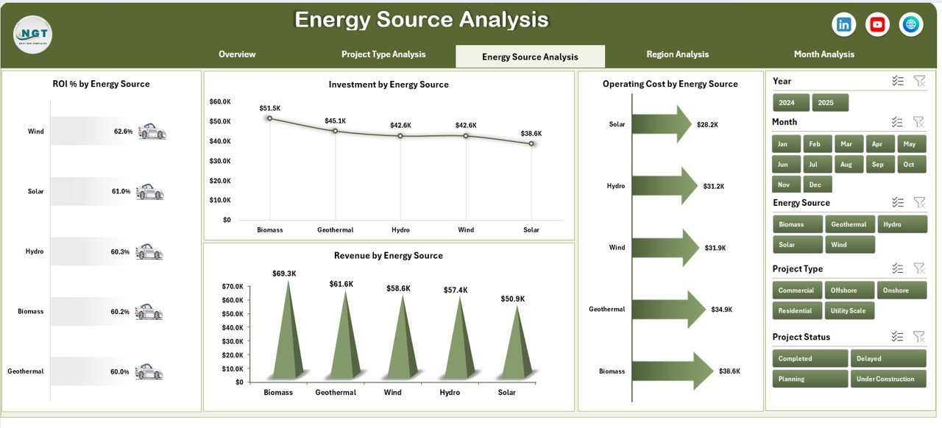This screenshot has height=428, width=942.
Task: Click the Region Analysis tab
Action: pos(677,54)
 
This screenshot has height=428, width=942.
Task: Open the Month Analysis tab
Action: pos(824,54)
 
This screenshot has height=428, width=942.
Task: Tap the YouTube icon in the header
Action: pos(877,25)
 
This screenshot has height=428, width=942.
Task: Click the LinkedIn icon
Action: pos(843,25)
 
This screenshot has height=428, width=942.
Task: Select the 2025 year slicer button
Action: pos(830,103)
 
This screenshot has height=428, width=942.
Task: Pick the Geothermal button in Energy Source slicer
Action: pos(849,224)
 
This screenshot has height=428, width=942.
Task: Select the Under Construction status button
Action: pos(888,379)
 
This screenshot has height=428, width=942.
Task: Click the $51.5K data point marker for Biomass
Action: pos(269,118)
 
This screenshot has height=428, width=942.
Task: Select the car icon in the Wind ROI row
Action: pos(152,132)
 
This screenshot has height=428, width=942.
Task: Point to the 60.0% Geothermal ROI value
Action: pos(120,372)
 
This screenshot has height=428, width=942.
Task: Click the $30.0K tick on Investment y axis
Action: pos(220,160)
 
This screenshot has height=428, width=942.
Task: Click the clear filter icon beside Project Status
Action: pos(918,337)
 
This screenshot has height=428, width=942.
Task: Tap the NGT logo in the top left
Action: pos(32,35)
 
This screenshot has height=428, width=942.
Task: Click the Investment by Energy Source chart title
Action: pos(389,85)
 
